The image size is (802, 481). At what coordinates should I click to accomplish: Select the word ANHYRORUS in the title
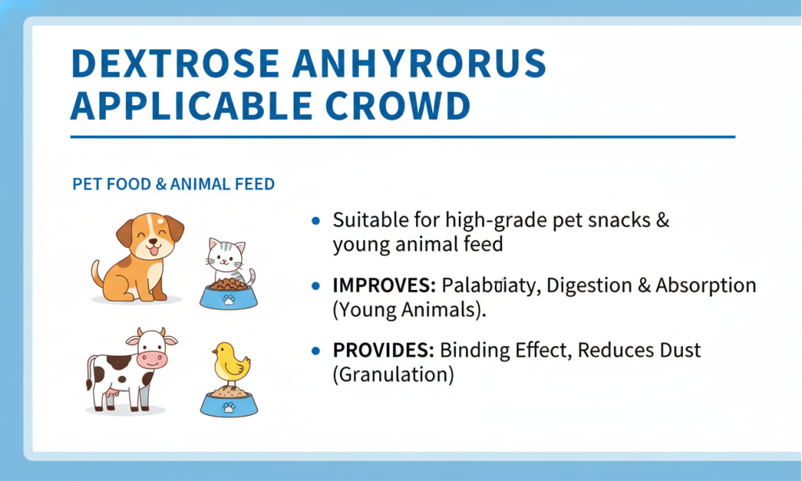click(x=419, y=64)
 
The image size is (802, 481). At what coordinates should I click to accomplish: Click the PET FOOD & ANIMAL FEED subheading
click(x=173, y=185)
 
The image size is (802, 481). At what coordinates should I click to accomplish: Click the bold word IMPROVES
click(x=383, y=286)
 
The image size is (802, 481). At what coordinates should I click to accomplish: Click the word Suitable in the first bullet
click(x=363, y=220)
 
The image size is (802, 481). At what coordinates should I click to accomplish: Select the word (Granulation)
click(x=393, y=374)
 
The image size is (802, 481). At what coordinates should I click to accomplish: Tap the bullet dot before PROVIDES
click(x=316, y=351)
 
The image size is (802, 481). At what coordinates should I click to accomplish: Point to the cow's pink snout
click(x=152, y=359)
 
